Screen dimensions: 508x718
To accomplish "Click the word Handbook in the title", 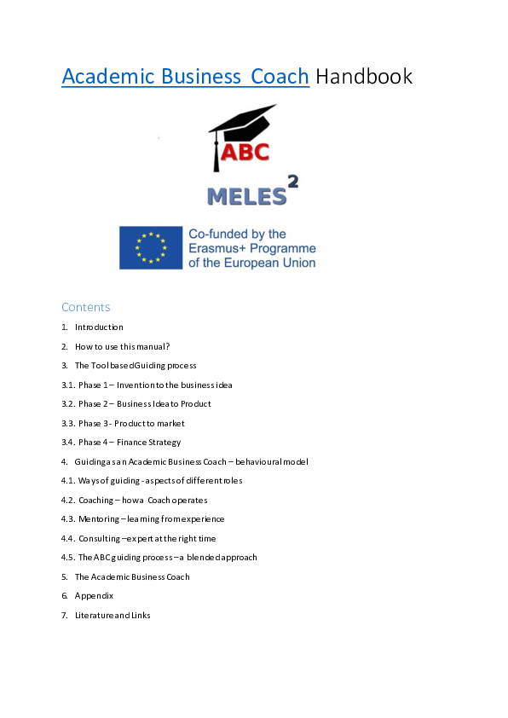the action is click(364, 77).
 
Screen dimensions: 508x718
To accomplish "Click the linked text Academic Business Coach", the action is click(185, 77).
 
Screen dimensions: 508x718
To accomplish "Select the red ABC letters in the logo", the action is click(245, 154).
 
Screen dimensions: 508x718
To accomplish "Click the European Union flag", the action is click(151, 247).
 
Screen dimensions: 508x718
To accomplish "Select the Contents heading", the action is click(85, 307).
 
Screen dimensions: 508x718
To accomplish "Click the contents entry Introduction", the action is click(99, 327).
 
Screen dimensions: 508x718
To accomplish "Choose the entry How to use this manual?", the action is click(122, 346).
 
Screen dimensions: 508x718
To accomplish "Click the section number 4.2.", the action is click(68, 500).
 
